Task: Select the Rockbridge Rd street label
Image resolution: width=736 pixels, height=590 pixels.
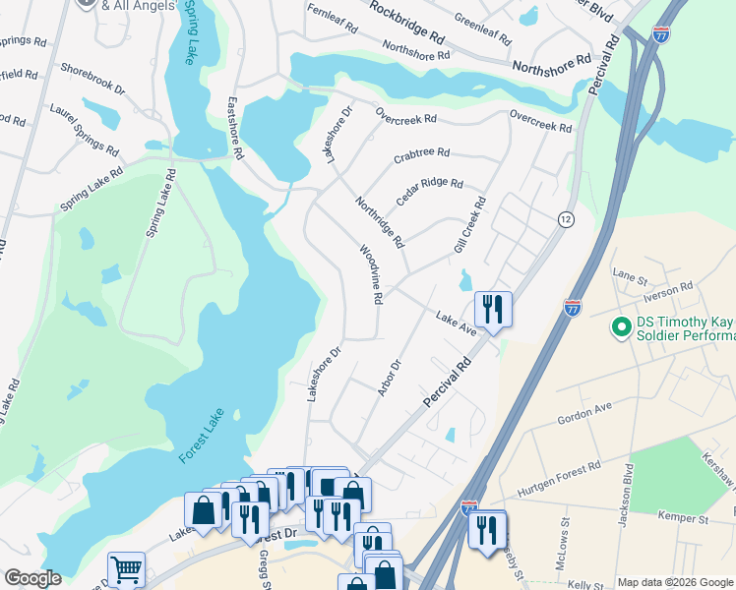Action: pyautogui.click(x=407, y=20)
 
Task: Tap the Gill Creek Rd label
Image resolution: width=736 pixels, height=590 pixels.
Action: pyautogui.click(x=469, y=226)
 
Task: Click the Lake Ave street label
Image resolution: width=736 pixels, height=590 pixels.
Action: pyautogui.click(x=456, y=324)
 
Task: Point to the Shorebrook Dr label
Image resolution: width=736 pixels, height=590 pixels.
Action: pyautogui.click(x=93, y=80)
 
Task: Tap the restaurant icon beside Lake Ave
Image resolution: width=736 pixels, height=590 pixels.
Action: pyautogui.click(x=491, y=309)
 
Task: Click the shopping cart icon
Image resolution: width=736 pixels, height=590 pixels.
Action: pyautogui.click(x=127, y=568)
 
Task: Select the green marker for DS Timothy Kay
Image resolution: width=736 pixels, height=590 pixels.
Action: pyautogui.click(x=621, y=325)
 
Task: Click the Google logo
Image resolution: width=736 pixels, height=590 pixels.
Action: pyautogui.click(x=32, y=579)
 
